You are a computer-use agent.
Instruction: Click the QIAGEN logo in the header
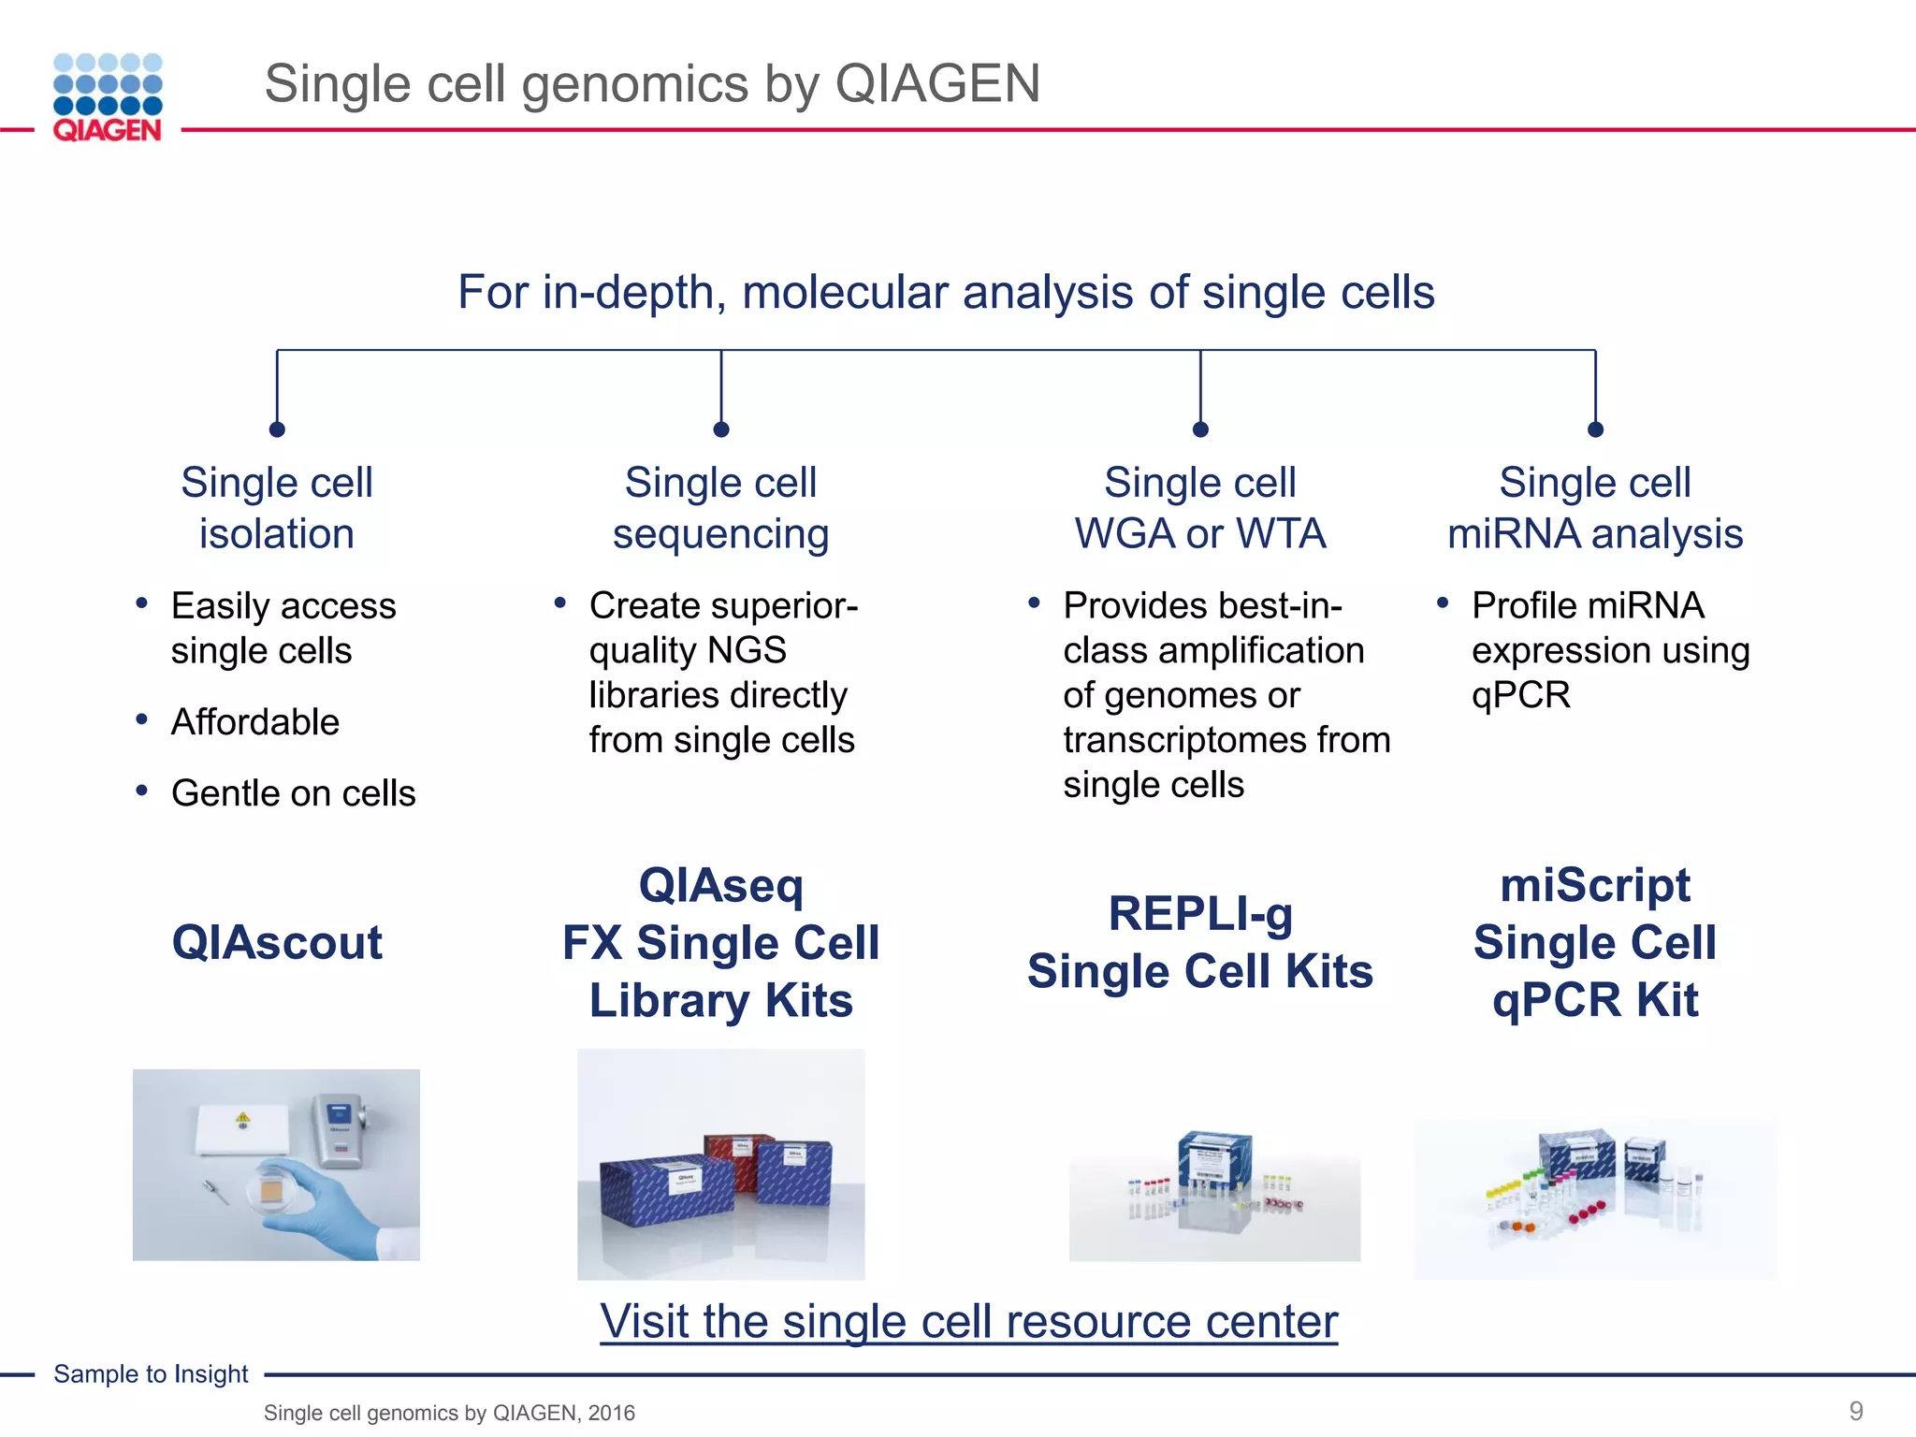click(x=108, y=97)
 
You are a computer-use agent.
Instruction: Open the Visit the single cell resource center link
click(x=968, y=1321)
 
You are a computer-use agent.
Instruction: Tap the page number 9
click(x=1856, y=1410)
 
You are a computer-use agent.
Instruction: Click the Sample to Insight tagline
click(x=151, y=1373)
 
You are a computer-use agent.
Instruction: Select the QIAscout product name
click(x=277, y=942)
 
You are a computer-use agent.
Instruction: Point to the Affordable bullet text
click(x=254, y=722)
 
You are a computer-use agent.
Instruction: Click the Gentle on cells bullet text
click(x=293, y=793)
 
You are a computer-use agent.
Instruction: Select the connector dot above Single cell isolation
click(x=277, y=429)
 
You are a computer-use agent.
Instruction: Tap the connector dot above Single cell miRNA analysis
click(x=1595, y=429)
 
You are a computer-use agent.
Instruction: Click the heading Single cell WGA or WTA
click(x=1199, y=508)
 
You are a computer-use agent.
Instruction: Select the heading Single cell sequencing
click(x=720, y=508)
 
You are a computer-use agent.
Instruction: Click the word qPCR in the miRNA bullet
click(x=1520, y=695)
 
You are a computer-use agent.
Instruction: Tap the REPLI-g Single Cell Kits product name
click(x=1199, y=942)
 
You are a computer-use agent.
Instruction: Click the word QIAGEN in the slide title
click(x=937, y=83)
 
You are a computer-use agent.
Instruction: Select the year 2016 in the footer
click(x=612, y=1413)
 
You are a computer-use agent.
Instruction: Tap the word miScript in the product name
click(x=1595, y=885)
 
